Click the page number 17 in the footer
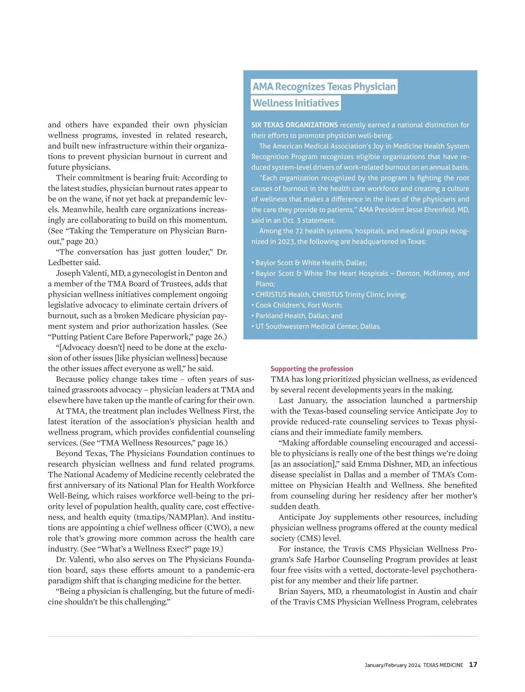[x=473, y=664]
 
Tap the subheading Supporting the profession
[x=311, y=369]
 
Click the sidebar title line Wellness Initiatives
[x=296, y=103]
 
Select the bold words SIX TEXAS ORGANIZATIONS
[x=294, y=125]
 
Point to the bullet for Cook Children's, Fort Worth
[x=299, y=305]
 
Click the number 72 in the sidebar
[x=299, y=231]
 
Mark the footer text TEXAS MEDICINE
[x=443, y=665]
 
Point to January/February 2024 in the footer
[x=392, y=665]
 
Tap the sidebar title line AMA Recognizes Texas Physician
[x=324, y=86]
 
